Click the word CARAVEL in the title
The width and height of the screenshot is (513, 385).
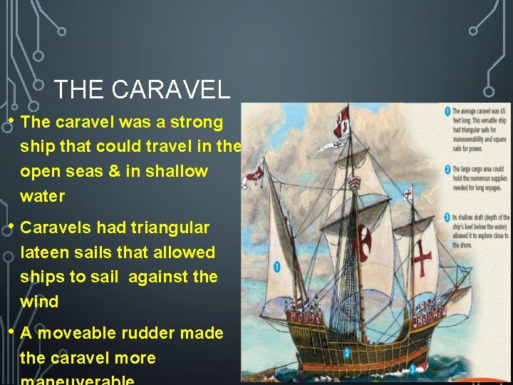(x=171, y=90)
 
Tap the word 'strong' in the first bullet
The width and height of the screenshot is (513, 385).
(x=199, y=123)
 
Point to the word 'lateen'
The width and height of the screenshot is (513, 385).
(x=45, y=252)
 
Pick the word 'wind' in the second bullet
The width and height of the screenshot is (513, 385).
(x=39, y=302)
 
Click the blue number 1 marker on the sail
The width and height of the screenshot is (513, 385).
(x=277, y=267)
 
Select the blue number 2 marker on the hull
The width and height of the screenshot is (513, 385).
(x=347, y=352)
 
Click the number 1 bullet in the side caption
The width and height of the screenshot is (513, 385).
(x=446, y=111)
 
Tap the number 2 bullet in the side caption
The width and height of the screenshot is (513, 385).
(x=446, y=169)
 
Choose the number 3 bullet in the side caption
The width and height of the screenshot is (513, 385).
(x=446, y=217)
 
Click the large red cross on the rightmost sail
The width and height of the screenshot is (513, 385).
(x=423, y=256)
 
